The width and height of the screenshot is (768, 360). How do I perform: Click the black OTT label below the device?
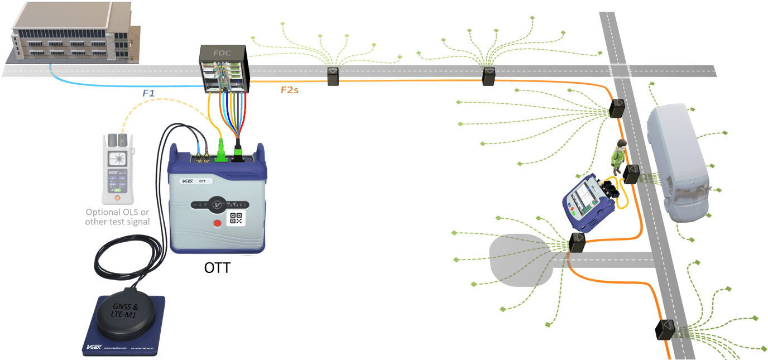click(x=217, y=268)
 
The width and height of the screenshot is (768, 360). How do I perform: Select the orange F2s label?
click(x=289, y=89)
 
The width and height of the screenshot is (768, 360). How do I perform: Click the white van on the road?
click(x=678, y=162)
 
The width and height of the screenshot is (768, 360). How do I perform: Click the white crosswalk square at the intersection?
click(x=620, y=71)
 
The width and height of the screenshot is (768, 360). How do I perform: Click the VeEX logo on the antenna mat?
click(x=93, y=347)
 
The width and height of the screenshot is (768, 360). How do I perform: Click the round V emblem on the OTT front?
click(x=216, y=204)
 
